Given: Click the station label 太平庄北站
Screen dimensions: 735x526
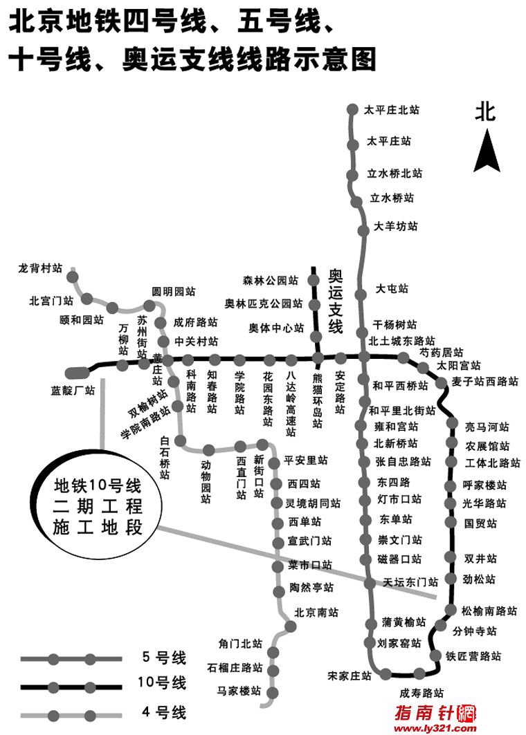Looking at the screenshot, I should pos(392,110).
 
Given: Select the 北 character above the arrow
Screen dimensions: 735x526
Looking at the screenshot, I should pos(485,111).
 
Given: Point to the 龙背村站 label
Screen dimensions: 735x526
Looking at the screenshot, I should pos(40,268).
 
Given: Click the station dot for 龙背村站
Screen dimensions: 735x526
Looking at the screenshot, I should pos(72,277).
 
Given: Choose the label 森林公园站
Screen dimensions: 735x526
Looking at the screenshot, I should pos(270,281).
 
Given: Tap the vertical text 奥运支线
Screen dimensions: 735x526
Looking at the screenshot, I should pos(336,301).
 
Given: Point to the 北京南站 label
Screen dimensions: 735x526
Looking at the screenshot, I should pos(316,612).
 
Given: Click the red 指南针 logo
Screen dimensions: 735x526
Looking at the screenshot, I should pos(435,713).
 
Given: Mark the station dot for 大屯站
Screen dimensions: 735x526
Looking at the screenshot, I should pos(361,295).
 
